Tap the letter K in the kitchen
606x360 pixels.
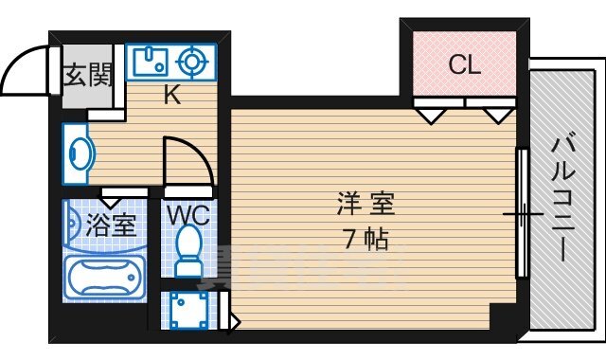(171, 95)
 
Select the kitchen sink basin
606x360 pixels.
(149, 63)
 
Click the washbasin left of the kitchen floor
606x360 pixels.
(79, 153)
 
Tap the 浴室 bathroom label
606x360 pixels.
(112, 226)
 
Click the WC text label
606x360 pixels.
(189, 216)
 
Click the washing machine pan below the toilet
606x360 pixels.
(191, 309)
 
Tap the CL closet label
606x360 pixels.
(464, 66)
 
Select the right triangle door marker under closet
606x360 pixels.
(496, 116)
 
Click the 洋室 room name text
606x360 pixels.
(365, 204)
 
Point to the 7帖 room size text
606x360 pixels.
(365, 239)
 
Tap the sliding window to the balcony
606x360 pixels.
(521, 214)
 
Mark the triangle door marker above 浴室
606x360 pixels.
(112, 200)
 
